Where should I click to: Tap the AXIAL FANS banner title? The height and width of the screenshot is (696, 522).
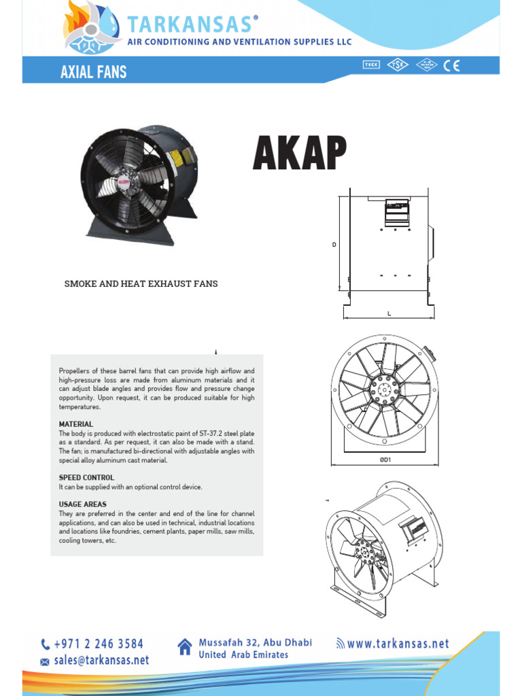click(x=93, y=71)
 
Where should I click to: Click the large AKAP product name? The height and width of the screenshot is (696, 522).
click(x=299, y=154)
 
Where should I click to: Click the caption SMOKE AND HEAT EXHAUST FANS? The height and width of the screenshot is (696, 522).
click(x=141, y=283)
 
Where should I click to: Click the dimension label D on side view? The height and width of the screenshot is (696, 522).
click(x=334, y=245)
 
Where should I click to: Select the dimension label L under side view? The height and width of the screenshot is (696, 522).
click(x=389, y=313)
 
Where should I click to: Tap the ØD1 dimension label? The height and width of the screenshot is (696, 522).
click(x=385, y=460)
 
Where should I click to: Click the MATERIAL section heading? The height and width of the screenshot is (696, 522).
click(x=76, y=424)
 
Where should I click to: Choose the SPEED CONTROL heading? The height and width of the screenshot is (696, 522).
click(x=86, y=478)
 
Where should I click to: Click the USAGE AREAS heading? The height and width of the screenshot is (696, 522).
click(x=83, y=504)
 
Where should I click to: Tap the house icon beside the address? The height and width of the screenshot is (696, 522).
click(x=184, y=647)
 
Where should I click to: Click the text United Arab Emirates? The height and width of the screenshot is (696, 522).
click(x=243, y=655)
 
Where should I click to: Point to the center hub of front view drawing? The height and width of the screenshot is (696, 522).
click(x=385, y=391)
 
